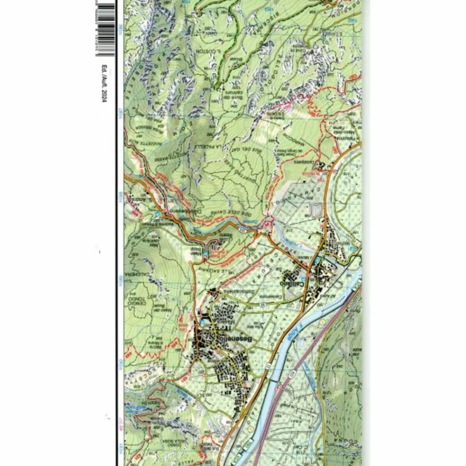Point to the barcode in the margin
click(x=106, y=29)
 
